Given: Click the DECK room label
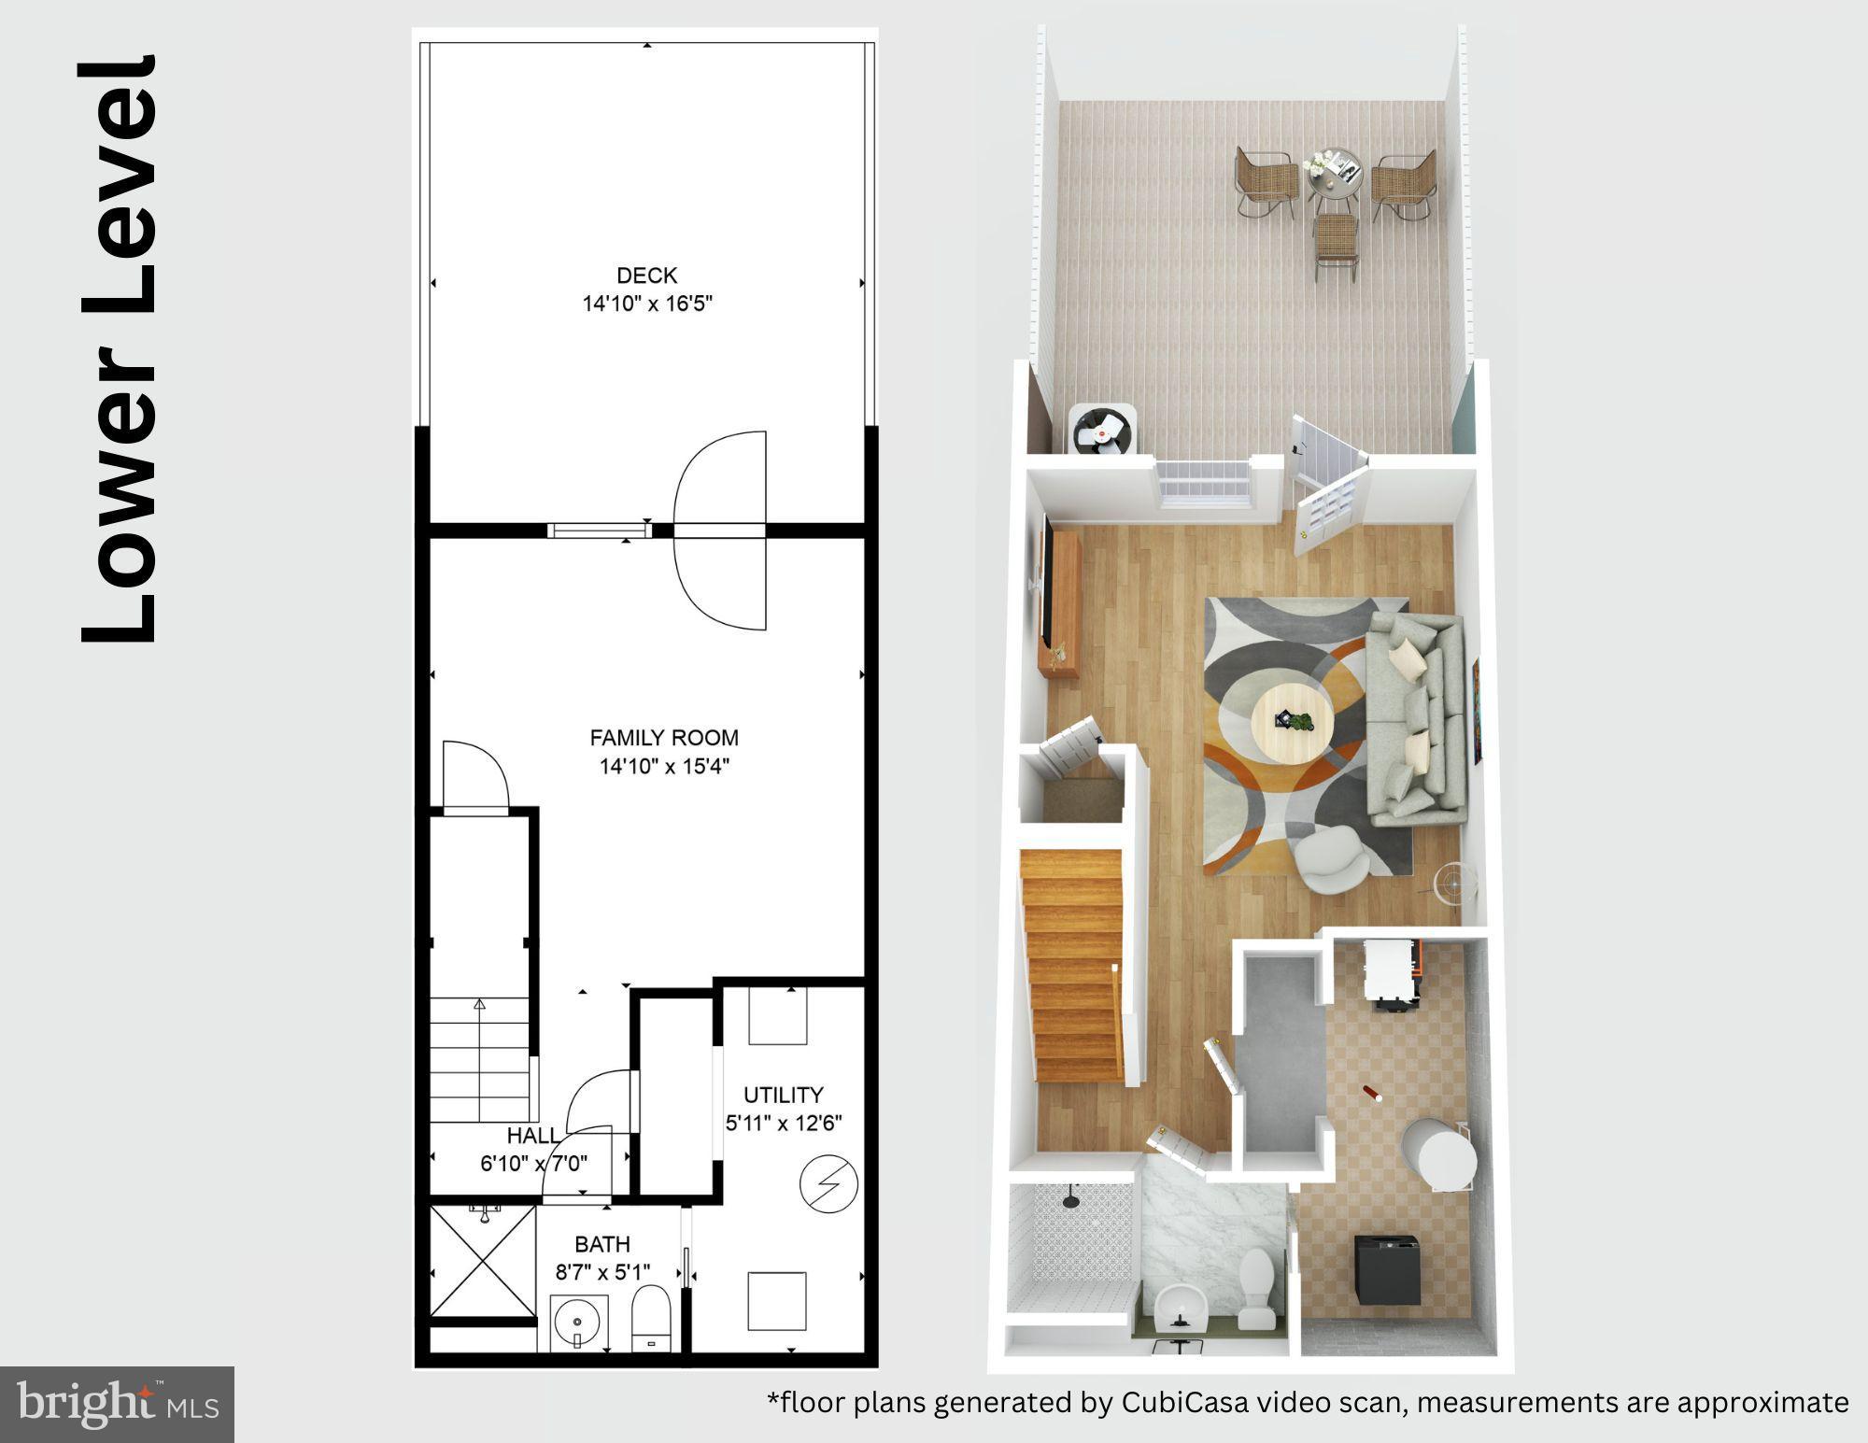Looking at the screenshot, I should coord(646,276).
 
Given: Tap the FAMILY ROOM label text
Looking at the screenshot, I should coord(664,738).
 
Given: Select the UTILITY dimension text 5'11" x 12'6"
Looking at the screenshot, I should coord(784,1123).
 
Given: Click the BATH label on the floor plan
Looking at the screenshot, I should coord(602,1244).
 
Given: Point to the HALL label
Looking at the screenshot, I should coord(532,1136).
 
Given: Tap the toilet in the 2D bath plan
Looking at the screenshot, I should coord(651,1317).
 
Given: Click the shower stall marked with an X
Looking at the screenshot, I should coord(483,1261).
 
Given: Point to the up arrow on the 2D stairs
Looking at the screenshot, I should coord(480,1006).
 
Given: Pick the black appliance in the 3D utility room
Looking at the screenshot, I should coord(1388,1269).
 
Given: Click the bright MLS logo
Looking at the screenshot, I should coord(117,1404).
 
